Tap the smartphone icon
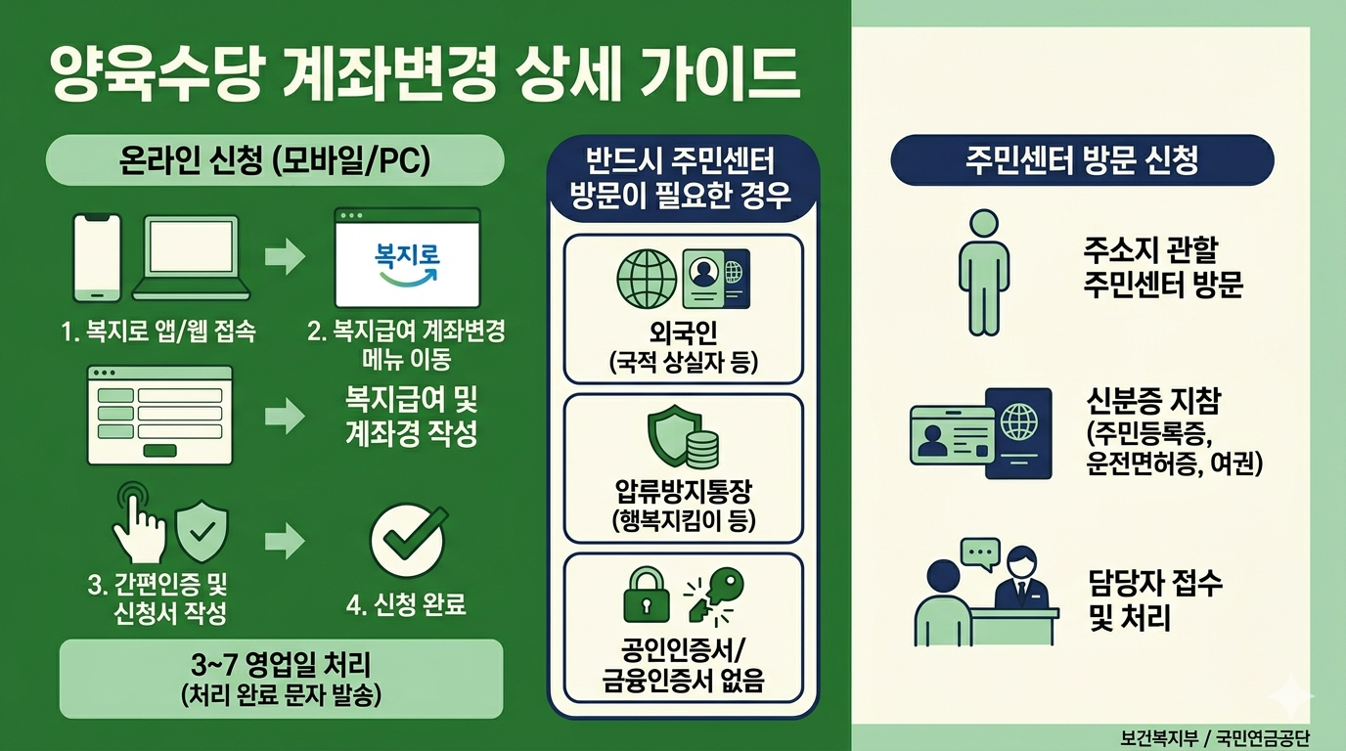(98, 258)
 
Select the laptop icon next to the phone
(191, 258)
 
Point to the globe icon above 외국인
(647, 278)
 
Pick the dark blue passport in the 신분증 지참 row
(1018, 432)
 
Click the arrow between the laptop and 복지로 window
(285, 258)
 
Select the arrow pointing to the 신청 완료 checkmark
(285, 539)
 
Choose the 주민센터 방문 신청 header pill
(1082, 160)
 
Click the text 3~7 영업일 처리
(281, 668)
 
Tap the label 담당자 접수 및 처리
(1154, 600)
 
